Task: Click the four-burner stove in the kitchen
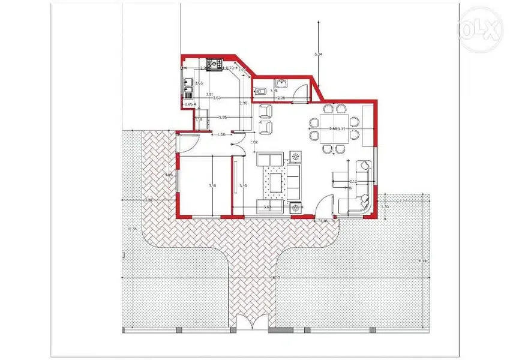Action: [x=214, y=63]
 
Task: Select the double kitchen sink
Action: [x=188, y=88]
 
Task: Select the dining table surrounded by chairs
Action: [x=332, y=128]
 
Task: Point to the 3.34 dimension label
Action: [x=319, y=55]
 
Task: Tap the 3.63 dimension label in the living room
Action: [x=268, y=207]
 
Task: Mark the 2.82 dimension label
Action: [x=149, y=200]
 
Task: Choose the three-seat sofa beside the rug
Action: [x=295, y=181]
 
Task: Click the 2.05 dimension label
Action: [x=223, y=117]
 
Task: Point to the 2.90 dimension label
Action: [x=244, y=104]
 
